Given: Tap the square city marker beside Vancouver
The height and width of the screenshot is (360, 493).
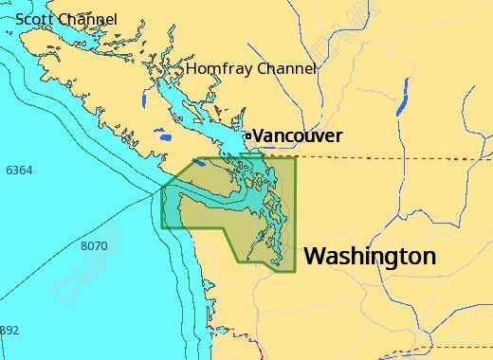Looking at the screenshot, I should pos(248,136).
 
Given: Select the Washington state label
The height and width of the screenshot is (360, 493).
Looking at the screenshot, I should pos(370,256).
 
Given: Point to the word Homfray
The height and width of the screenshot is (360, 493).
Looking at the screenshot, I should pos(217,69).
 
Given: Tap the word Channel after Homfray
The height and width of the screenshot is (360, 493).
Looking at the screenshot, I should pos(284,69).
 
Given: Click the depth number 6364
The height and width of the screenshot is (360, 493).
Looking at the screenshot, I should pos(19,171).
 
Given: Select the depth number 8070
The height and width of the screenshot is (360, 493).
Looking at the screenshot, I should pos(95,246).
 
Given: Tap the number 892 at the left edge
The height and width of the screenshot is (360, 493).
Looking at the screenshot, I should pos(9,331).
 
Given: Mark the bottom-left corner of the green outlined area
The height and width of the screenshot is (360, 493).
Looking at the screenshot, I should pos(162,228).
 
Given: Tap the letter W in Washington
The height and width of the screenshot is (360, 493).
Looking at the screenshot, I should pos(315,256).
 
